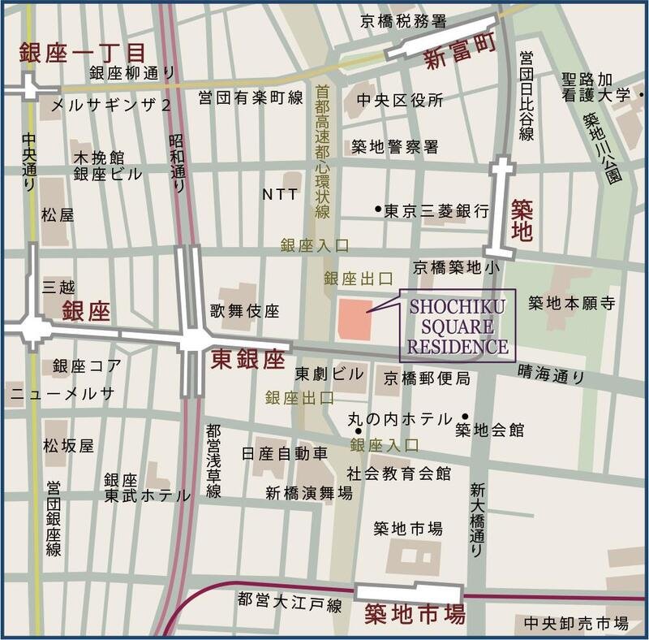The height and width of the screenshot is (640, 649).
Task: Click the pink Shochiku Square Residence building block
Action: (355, 318)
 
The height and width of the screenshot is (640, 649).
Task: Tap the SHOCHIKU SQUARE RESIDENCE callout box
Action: (457, 326)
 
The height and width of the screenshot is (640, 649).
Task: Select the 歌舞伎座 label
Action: (244, 310)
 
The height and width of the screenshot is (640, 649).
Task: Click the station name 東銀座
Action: (247, 360)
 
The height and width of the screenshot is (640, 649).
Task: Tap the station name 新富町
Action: (461, 61)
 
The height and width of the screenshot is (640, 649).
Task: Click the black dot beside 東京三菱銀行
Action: (377, 210)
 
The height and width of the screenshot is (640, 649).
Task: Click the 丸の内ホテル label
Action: (399, 419)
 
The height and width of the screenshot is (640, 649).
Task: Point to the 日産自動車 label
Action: (285, 452)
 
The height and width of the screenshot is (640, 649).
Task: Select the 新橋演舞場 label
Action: (309, 492)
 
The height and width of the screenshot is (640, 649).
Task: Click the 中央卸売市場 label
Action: (576, 624)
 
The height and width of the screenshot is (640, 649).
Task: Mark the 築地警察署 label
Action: (394, 147)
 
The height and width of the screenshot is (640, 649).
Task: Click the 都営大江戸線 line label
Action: (290, 602)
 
